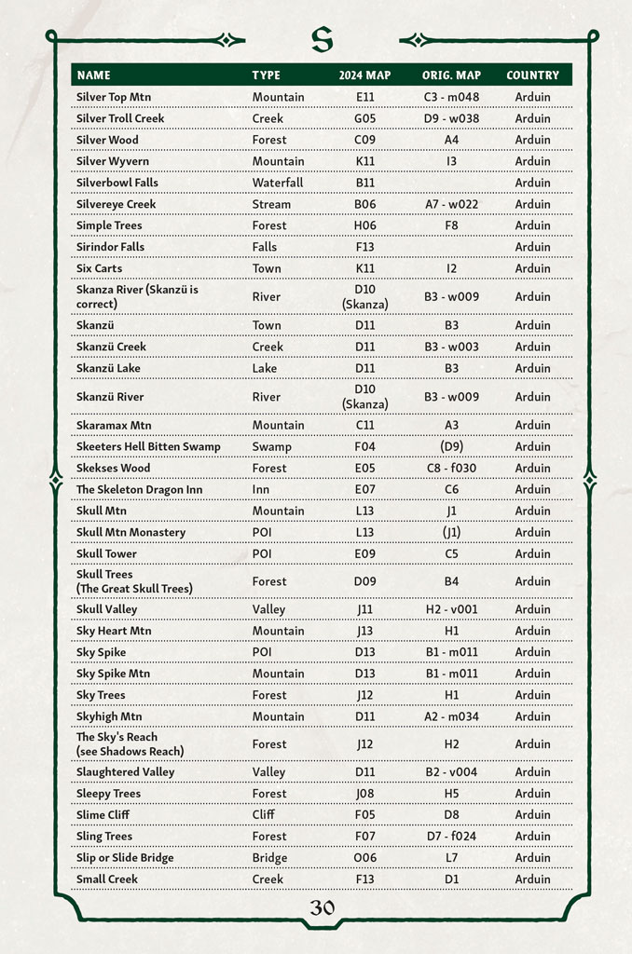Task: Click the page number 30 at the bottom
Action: pos(322,907)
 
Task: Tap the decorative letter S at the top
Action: pos(322,39)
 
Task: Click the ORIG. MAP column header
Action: pos(451,75)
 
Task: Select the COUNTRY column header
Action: pos(532,75)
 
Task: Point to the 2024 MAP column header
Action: pos(364,75)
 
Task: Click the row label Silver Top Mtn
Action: pos(114,97)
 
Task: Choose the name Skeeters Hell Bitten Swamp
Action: pos(148,446)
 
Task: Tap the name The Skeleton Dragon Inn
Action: pos(139,489)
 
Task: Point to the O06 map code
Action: pos(364,857)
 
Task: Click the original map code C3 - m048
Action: pos(451,97)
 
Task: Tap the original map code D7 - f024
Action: pos(451,836)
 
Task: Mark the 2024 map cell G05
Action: pos(364,118)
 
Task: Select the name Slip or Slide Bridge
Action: pos(125,857)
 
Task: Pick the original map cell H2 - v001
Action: pos(451,609)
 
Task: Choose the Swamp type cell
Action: pos(271,446)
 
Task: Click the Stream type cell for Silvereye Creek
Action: pos(271,204)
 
